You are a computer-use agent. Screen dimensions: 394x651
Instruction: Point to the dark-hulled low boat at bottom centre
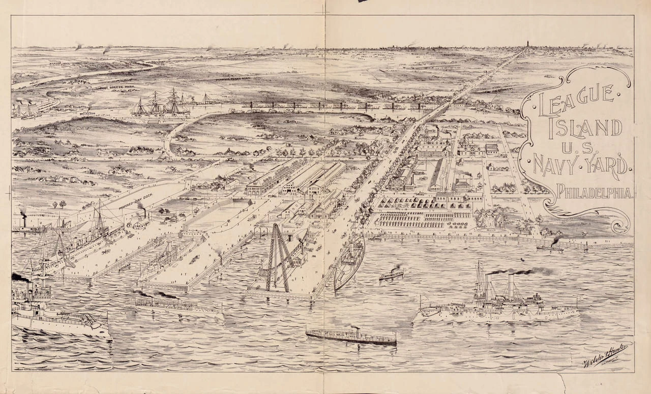pyautogui.click(x=351, y=336)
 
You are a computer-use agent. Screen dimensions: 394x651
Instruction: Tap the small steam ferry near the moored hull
pyautogui.click(x=391, y=274)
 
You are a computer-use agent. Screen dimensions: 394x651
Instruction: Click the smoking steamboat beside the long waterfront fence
pyautogui.click(x=550, y=247)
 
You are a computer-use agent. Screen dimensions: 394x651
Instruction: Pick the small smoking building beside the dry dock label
pyautogui.click(x=141, y=222)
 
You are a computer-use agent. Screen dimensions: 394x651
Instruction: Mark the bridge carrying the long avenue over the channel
pyautogui.click(x=435, y=113)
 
